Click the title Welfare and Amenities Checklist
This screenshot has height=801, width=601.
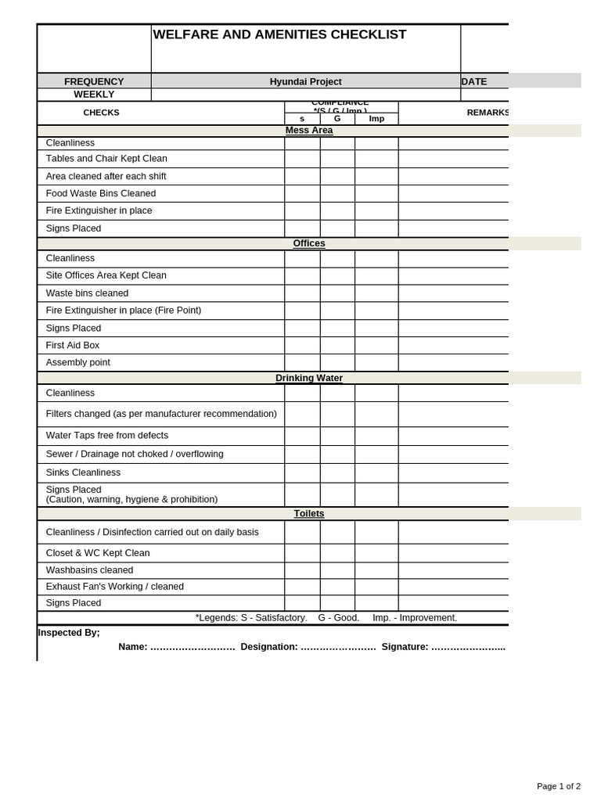click(x=279, y=34)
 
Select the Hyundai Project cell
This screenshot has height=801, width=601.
click(x=305, y=81)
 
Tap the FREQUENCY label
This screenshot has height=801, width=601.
click(x=94, y=81)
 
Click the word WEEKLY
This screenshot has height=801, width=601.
click(x=94, y=95)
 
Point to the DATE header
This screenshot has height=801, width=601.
click(x=474, y=81)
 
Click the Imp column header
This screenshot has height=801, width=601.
click(x=376, y=119)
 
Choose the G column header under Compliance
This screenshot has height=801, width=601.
click(x=337, y=119)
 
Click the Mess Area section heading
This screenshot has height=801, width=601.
click(x=309, y=131)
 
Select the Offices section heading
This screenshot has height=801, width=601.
click(x=309, y=243)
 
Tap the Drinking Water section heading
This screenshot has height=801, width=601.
click(x=309, y=378)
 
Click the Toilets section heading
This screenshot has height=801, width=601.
click(x=309, y=513)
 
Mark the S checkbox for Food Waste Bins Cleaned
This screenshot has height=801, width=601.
click(x=302, y=193)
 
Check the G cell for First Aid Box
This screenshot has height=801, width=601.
click(x=337, y=345)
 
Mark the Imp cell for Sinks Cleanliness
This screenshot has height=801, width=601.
click(x=376, y=472)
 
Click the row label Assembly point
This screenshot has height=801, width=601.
click(x=78, y=362)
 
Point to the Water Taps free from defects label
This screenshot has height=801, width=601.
click(x=107, y=436)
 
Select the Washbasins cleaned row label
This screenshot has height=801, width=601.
click(x=89, y=570)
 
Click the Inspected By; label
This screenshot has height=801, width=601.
click(x=69, y=632)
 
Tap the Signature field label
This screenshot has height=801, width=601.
click(x=405, y=647)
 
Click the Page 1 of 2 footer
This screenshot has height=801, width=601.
click(x=558, y=786)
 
